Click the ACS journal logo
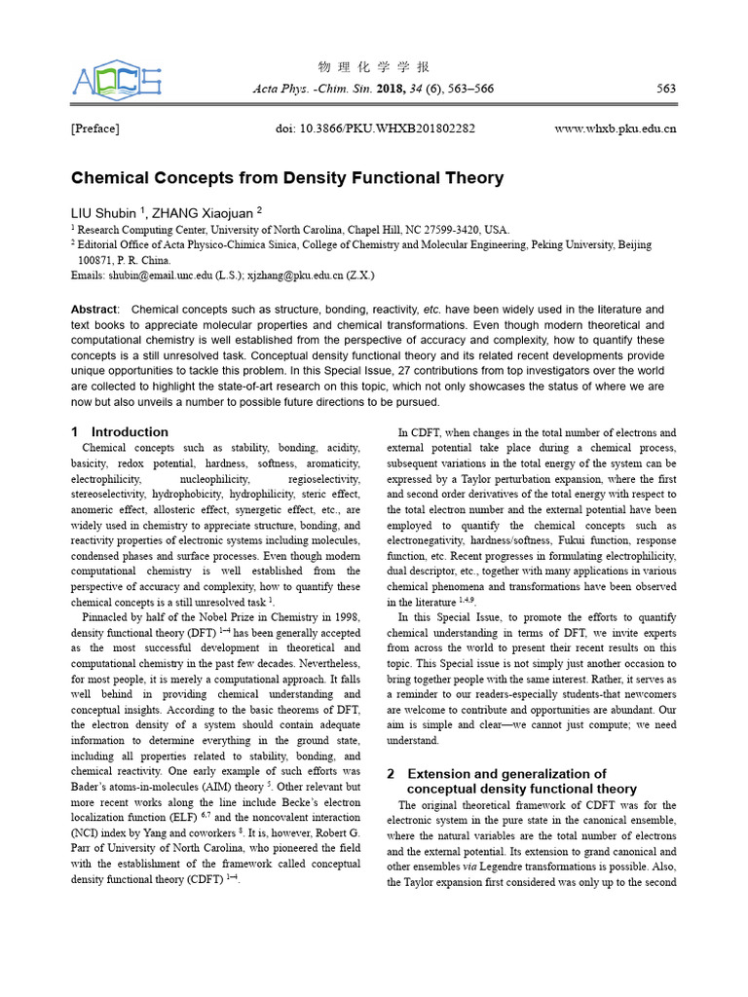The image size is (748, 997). point(116,79)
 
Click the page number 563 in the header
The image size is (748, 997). point(666,89)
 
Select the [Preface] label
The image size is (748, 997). point(95,129)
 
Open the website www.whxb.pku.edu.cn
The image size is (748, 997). point(615,129)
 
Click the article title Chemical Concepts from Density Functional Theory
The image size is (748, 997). point(287,178)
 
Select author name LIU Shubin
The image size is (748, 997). point(104,211)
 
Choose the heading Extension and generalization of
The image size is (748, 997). point(505,773)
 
